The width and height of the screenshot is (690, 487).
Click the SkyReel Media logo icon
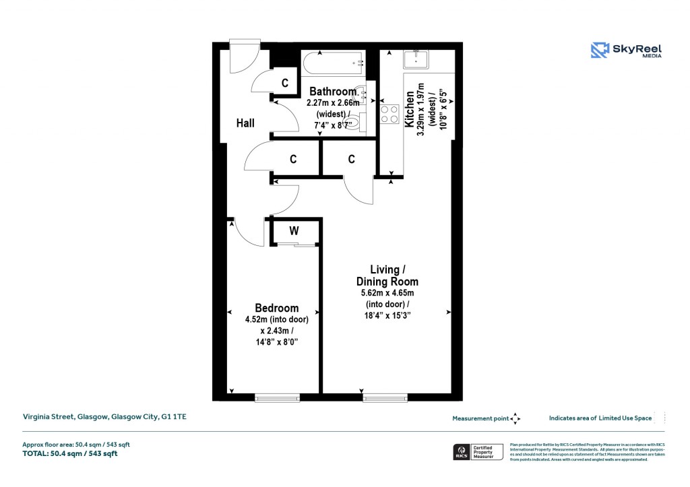(600, 51)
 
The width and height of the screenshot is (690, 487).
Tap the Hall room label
(245, 123)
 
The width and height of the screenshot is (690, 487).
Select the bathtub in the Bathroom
(333, 65)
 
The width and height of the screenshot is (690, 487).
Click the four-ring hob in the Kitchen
(389, 114)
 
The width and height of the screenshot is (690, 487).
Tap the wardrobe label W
(294, 231)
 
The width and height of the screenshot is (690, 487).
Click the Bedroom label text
(276, 308)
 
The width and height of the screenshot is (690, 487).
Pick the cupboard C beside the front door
(285, 84)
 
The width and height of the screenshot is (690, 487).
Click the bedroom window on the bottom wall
(277, 398)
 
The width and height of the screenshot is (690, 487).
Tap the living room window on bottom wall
(385, 398)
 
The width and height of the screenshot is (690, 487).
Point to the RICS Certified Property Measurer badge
(477, 452)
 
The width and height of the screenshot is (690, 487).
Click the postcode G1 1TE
(173, 418)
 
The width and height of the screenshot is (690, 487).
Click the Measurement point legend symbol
(515, 418)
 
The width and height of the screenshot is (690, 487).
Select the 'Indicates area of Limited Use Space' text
(600, 418)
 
